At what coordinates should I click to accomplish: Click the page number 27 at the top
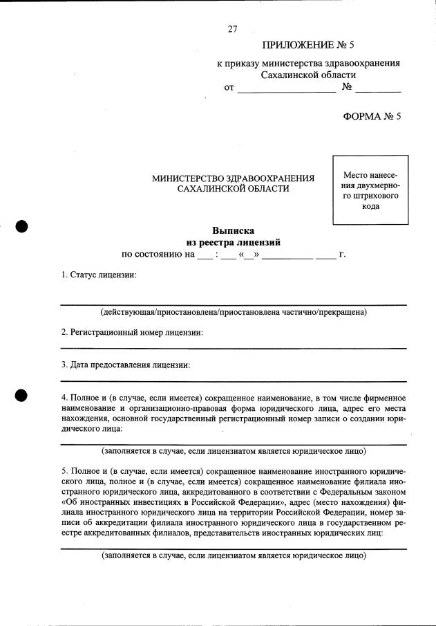(x=232, y=29)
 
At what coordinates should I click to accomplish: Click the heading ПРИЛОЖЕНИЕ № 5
(x=307, y=46)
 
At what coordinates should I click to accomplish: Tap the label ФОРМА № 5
(x=372, y=116)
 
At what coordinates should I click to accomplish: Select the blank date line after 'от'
(x=285, y=90)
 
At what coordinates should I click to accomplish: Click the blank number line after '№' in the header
(x=378, y=90)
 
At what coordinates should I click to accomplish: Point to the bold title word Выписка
(x=233, y=230)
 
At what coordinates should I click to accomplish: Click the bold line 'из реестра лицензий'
(x=233, y=242)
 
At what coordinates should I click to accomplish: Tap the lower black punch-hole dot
(x=21, y=395)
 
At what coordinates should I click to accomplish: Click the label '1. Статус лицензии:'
(x=99, y=275)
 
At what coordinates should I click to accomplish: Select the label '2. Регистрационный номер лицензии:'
(x=132, y=332)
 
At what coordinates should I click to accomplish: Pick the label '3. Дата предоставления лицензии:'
(x=125, y=364)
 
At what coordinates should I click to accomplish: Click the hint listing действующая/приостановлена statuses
(x=233, y=313)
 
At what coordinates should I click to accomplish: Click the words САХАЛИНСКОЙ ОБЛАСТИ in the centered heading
(x=233, y=189)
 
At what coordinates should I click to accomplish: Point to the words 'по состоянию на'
(x=157, y=255)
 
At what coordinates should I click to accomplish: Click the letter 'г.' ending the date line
(x=342, y=255)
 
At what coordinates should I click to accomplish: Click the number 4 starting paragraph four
(x=64, y=398)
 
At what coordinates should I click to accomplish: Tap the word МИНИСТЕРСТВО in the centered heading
(x=184, y=178)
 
